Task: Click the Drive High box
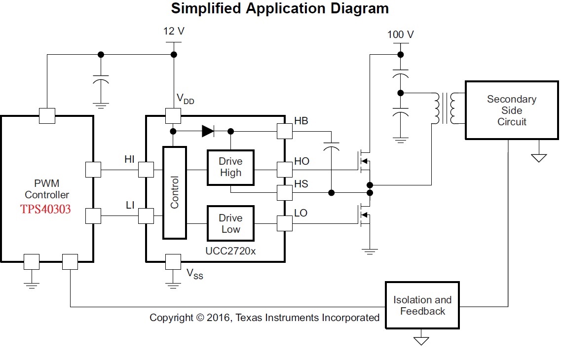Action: pyautogui.click(x=230, y=168)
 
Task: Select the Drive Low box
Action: pyautogui.click(x=230, y=224)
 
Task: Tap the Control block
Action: pyautogui.click(x=175, y=192)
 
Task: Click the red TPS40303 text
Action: pyautogui.click(x=45, y=210)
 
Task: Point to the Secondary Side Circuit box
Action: pyautogui.click(x=511, y=110)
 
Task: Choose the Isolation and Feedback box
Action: pyautogui.click(x=422, y=305)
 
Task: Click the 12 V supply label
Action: pyautogui.click(x=174, y=32)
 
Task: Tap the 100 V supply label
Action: pyautogui.click(x=400, y=35)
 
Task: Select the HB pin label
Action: pyautogui.click(x=301, y=120)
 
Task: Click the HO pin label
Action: pyautogui.click(x=301, y=161)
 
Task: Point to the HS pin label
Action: pyautogui.click(x=301, y=184)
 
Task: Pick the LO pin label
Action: pyautogui.click(x=300, y=213)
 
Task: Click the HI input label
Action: pyautogui.click(x=129, y=159)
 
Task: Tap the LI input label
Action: pyautogui.click(x=130, y=205)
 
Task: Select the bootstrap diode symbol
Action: pyautogui.click(x=208, y=131)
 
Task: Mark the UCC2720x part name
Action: pyautogui.click(x=230, y=251)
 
